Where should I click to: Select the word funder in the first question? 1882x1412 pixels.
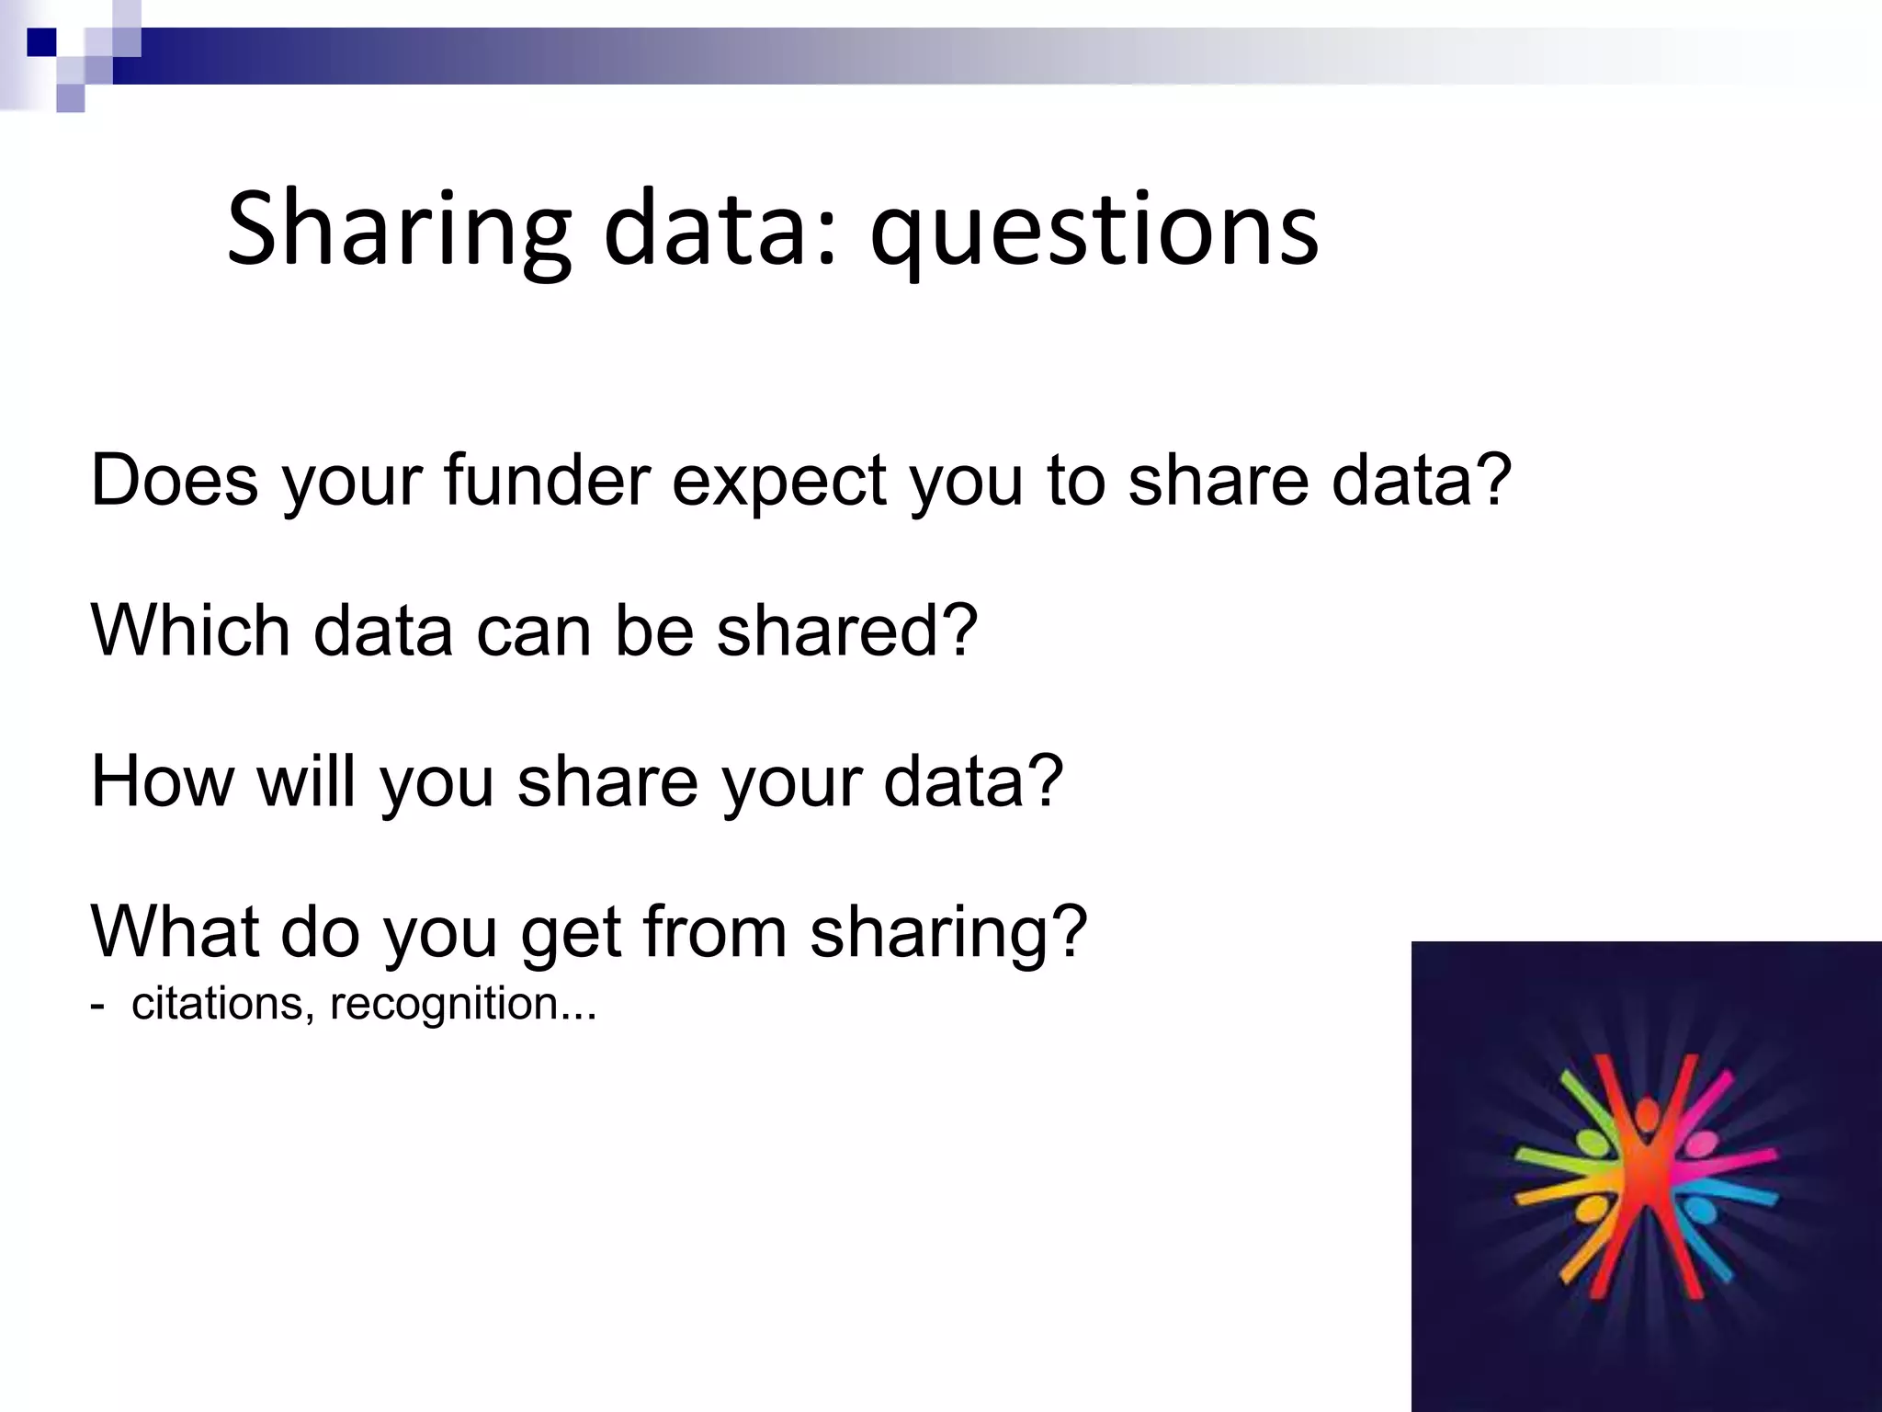coord(548,480)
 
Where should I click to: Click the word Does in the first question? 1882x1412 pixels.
coord(175,480)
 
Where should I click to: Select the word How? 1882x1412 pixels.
coord(163,781)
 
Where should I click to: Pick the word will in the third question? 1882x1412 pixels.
coord(306,781)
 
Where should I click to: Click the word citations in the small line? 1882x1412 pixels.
coord(217,1004)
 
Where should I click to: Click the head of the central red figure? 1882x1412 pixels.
coord(1645,1117)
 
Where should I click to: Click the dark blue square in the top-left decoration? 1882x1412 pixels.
coord(41,41)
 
